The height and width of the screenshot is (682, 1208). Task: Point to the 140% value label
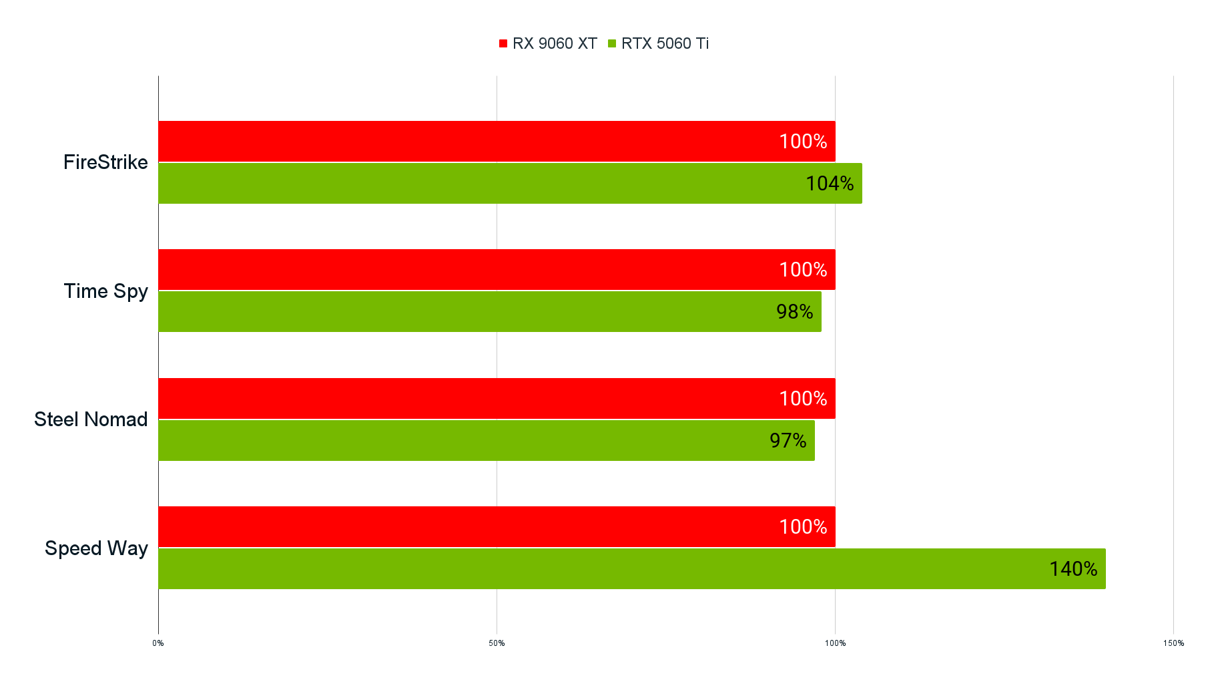(x=1073, y=568)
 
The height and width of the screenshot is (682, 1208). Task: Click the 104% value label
(x=830, y=183)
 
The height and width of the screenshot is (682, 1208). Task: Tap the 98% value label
(x=794, y=311)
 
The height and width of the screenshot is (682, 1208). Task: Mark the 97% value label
(x=788, y=440)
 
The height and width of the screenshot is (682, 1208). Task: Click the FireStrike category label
(x=105, y=162)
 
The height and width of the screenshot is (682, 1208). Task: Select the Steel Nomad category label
(x=91, y=419)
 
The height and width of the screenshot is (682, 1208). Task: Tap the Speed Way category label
(x=96, y=548)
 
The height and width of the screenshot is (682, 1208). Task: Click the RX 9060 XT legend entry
(x=548, y=43)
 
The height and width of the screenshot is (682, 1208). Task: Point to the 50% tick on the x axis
(x=497, y=643)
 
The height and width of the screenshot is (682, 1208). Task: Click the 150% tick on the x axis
(x=1173, y=643)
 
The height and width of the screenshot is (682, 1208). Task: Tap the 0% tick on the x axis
(x=158, y=643)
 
